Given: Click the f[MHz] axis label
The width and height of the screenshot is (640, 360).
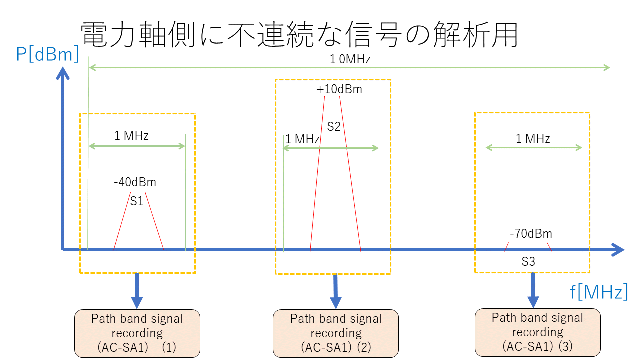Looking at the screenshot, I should click(599, 291).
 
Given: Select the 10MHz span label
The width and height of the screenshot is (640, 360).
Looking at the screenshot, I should click(350, 60).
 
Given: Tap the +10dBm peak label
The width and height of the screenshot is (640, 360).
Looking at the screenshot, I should click(339, 90).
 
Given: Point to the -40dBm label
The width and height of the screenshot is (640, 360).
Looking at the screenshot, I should click(135, 183).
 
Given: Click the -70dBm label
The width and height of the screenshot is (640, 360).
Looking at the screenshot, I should click(531, 234).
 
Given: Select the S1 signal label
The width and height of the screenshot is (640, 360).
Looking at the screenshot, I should click(137, 201).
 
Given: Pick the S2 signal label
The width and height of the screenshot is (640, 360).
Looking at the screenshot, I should click(334, 127).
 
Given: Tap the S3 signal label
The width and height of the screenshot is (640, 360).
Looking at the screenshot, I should click(528, 261).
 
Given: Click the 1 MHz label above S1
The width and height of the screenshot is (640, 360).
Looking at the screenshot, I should click(131, 136).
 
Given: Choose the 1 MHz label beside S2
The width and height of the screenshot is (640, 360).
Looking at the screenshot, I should click(302, 139).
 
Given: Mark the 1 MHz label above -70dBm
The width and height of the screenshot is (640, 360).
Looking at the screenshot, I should click(533, 139).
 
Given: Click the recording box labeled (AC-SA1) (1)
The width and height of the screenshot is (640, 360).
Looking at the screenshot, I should click(137, 333).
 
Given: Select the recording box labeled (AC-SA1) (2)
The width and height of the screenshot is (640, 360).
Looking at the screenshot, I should click(336, 333).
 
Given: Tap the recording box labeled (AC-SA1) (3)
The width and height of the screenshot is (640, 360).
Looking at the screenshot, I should click(537, 332).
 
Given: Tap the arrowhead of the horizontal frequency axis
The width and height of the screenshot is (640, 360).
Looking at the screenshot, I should click(619, 249).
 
